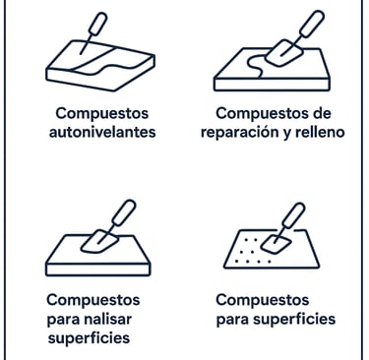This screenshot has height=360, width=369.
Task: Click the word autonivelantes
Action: (102, 132)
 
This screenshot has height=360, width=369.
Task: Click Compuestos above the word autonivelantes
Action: (102, 114)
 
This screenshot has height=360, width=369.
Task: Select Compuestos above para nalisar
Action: (93, 300)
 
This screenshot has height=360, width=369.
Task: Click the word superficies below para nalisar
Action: (89, 338)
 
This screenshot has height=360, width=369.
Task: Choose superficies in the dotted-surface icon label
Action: (294, 320)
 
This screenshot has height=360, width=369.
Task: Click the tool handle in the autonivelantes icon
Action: (98, 24)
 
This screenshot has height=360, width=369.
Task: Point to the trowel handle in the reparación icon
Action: (312, 24)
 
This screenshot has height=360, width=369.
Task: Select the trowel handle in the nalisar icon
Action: (124, 211)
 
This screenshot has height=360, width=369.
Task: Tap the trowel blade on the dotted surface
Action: (277, 244)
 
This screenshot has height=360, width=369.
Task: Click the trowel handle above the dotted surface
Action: (293, 215)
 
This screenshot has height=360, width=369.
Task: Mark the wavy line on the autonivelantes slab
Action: (105, 66)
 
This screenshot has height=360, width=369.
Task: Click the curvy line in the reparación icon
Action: (256, 66)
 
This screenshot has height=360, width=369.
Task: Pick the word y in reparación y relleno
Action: (287, 134)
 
